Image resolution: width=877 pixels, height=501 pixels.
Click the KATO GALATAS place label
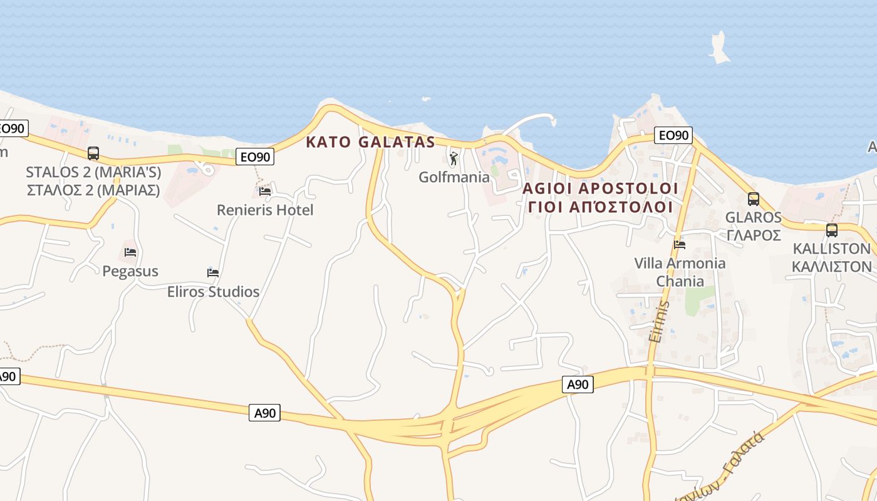coord(370,142)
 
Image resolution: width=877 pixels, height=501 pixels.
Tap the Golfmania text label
coord(454,177)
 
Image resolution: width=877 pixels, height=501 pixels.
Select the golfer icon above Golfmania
coord(454,158)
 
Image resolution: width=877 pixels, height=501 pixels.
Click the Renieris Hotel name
coord(265,210)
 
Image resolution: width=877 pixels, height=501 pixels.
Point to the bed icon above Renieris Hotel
coord(265,191)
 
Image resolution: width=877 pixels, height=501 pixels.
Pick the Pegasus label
coord(130,271)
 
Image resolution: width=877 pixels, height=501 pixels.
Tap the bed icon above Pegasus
coord(130,252)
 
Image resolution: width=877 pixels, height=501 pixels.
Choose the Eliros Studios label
coord(213,292)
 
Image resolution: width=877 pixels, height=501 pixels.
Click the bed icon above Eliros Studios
coord(213,272)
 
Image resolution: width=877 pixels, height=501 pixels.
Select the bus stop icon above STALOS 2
coord(93,153)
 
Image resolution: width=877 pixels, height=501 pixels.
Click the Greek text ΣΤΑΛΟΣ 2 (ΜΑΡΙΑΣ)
coord(93,190)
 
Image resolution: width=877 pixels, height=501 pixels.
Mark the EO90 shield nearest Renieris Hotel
coord(256,157)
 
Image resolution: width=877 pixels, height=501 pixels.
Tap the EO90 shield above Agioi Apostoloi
coord(673,135)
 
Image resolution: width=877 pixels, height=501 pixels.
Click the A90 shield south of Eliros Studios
coord(264,413)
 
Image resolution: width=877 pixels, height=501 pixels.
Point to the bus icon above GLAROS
coord(753,199)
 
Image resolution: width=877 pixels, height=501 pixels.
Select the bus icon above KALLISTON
coord(831,230)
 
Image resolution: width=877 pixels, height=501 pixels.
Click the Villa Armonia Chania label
coord(680,272)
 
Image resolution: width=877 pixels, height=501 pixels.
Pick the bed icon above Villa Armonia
coord(680,244)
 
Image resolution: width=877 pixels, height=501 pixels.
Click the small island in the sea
coord(719,49)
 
